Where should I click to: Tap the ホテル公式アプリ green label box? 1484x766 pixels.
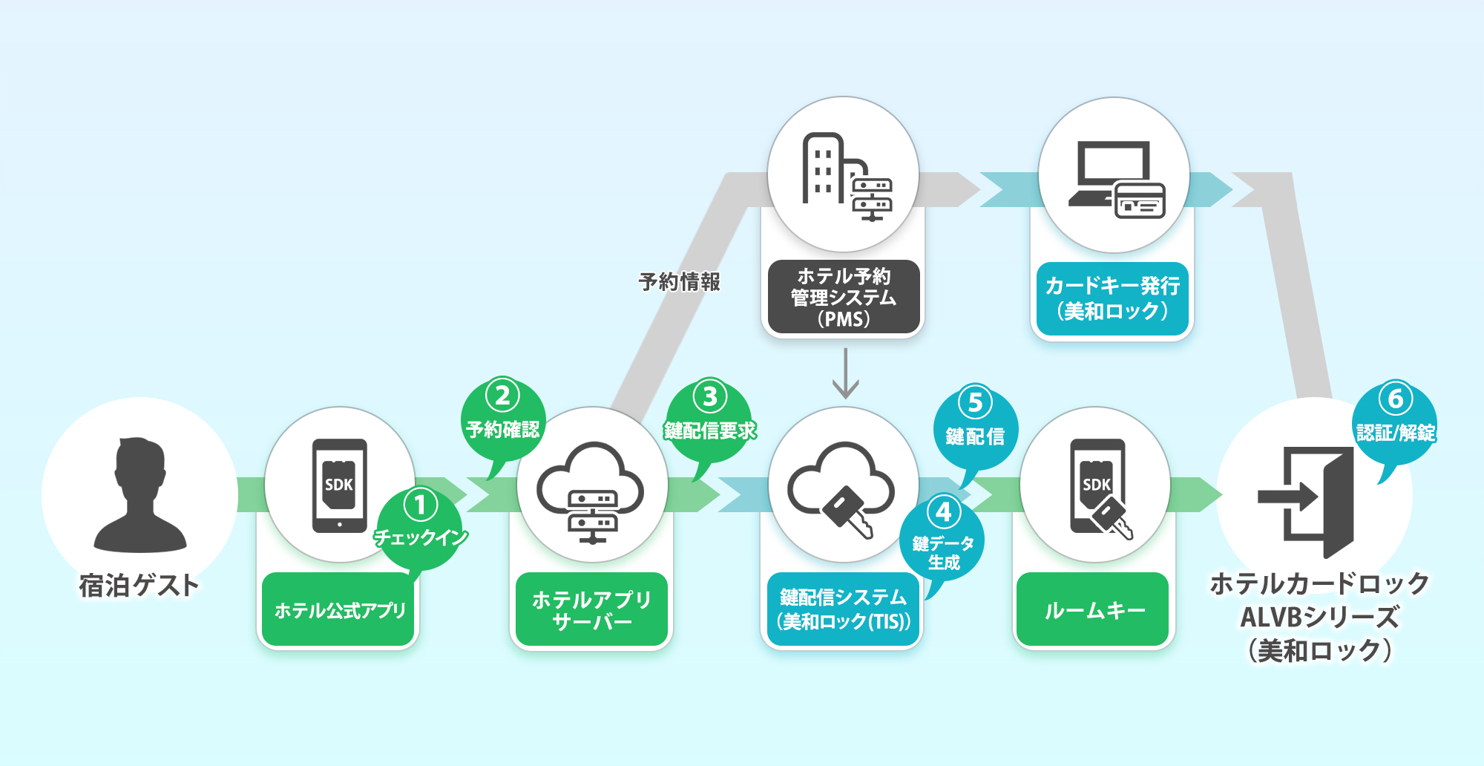340,610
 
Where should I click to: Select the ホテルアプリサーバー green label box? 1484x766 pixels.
591,610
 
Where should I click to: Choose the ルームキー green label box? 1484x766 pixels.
1094,610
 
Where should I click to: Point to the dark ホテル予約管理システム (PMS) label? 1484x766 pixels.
844,297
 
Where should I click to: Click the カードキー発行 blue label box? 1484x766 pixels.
1112,298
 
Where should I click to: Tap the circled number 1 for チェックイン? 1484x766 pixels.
420,505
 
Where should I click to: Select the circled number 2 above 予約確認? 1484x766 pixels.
502,396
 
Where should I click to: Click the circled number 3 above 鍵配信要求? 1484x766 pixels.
709,396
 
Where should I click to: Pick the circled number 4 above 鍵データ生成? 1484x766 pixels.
943,511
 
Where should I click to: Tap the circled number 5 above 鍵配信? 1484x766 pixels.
975,402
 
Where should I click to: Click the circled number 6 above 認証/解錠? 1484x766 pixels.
1395,399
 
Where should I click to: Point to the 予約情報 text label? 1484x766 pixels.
679,282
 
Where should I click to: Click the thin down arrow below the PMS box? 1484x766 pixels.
845,375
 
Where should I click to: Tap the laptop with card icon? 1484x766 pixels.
1117,180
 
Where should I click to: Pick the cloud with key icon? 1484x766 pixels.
841,490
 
